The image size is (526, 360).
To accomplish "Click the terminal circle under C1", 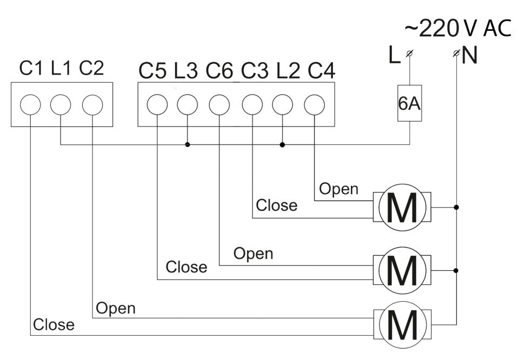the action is [30, 105].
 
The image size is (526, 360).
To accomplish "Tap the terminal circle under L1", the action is [61, 105].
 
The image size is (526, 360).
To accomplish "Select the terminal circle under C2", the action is [92, 105].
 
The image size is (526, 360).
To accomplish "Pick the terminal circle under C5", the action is [157, 105].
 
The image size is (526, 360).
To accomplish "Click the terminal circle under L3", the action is [188, 105].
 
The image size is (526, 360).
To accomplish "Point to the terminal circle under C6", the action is [219, 105].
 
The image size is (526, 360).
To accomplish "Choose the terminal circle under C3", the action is [252, 105].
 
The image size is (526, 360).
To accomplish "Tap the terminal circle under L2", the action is [282, 105].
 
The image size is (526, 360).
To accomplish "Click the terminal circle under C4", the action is [314, 105].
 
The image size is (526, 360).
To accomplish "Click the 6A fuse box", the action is [410, 103].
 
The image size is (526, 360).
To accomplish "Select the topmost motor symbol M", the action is [402, 208].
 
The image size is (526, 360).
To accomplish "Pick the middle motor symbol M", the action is [402, 270].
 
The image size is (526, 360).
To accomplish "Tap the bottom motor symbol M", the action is [402, 325].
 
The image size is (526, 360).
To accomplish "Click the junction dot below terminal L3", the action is [188, 145].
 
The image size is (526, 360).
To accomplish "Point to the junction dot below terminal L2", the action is [282, 145].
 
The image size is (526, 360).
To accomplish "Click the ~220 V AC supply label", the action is [458, 28].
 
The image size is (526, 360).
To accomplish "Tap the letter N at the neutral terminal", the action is [470, 55].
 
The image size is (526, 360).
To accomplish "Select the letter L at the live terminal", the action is [394, 55].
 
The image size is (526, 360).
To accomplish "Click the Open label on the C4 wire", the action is [338, 189].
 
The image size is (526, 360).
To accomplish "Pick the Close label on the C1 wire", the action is [54, 324].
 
